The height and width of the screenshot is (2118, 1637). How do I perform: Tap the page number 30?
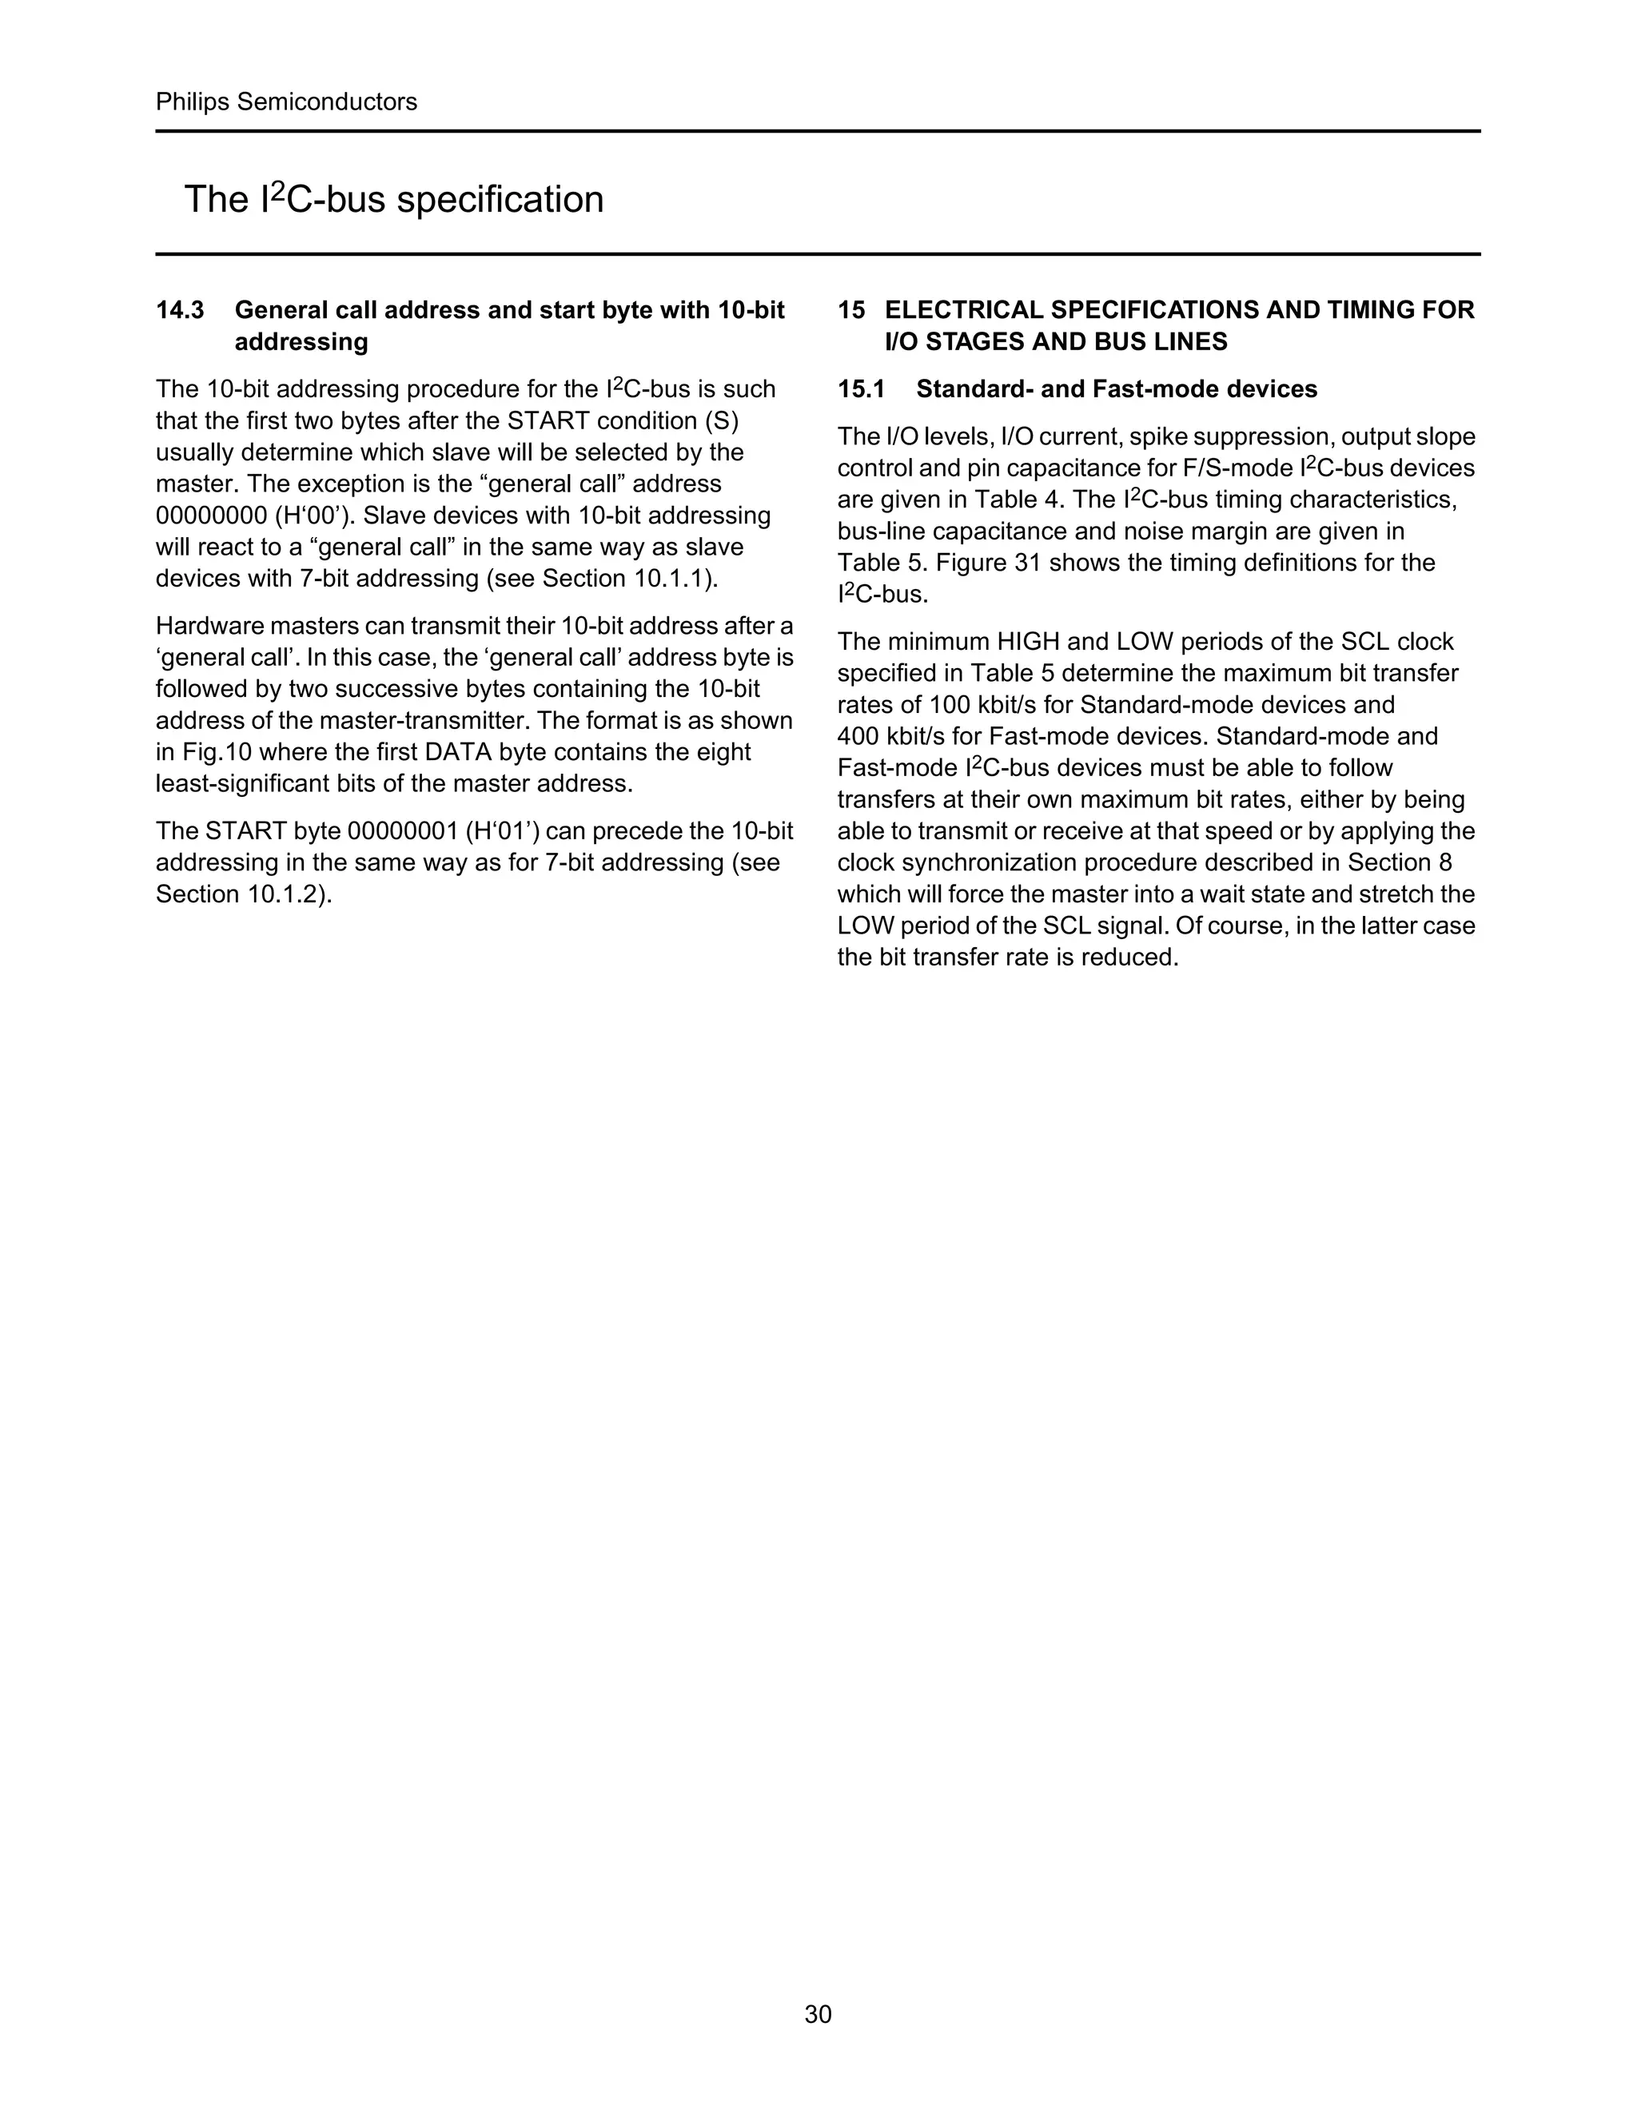coord(818,2014)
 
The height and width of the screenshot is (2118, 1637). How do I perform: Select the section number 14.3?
coord(181,310)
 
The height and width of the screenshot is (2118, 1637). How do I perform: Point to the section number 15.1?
coord(861,390)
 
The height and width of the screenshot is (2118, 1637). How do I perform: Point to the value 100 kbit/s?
coord(982,705)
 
